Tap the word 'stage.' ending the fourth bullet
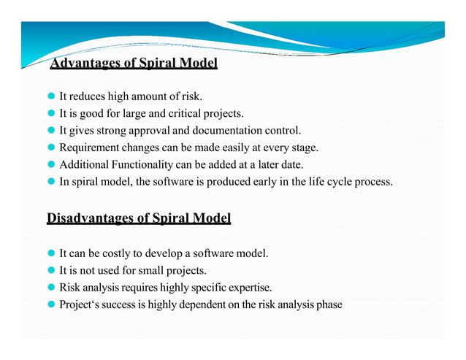(303, 148)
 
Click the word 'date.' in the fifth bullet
(290, 165)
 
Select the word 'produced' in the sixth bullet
(233, 182)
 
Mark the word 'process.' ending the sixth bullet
(374, 182)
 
